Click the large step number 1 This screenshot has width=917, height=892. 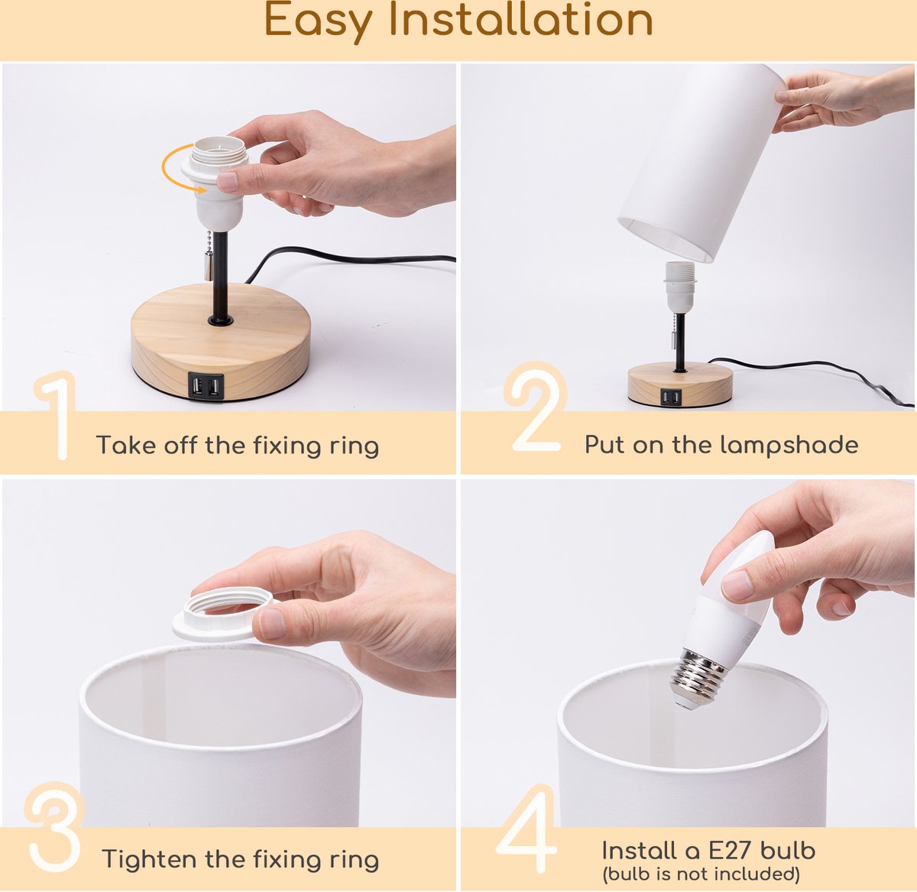click(x=57, y=415)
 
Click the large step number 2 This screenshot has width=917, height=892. click(x=536, y=407)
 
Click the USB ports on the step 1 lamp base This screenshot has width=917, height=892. click(x=206, y=387)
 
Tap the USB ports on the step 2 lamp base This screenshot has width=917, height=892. click(x=671, y=397)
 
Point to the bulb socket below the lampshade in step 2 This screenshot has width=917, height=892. click(x=680, y=287)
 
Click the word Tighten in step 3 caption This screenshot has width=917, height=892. click(x=150, y=858)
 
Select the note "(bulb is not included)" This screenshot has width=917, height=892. click(x=702, y=874)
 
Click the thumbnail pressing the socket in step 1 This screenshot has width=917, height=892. click(x=228, y=181)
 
